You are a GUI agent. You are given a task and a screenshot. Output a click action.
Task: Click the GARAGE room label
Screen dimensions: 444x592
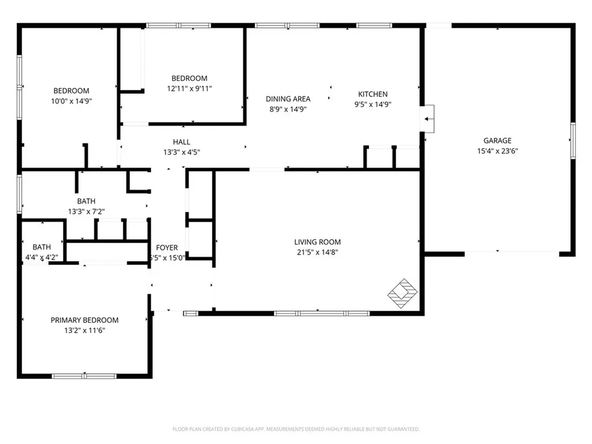coord(497,140)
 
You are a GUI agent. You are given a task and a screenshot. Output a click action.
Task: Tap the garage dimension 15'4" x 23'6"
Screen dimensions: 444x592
coord(497,151)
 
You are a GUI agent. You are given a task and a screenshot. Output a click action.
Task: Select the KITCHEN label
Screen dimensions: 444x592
coord(373,94)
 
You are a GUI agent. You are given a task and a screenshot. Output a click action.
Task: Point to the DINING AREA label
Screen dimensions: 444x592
coord(288,99)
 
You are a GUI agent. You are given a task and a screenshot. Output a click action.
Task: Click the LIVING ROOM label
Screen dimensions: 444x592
coord(317,242)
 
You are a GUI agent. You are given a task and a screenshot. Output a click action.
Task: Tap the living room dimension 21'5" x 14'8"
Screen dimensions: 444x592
coord(317,253)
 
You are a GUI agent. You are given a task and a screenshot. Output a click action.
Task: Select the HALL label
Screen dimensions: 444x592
coord(182,142)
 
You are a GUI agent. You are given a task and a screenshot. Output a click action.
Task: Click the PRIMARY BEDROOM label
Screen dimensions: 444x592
coord(84,320)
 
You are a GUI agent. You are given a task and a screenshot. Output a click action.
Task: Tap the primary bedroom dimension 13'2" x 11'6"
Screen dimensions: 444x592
coord(84,331)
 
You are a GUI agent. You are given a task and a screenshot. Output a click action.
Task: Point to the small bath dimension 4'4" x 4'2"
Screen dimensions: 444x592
coord(41,257)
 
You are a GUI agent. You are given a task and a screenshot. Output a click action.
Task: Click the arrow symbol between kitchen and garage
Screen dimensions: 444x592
coord(428,120)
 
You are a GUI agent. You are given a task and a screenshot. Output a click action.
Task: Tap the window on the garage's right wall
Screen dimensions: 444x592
coord(573,140)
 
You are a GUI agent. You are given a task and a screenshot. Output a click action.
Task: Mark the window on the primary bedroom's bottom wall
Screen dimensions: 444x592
coord(84,376)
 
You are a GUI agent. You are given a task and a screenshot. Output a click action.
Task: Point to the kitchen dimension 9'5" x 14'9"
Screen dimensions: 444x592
coord(373,105)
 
